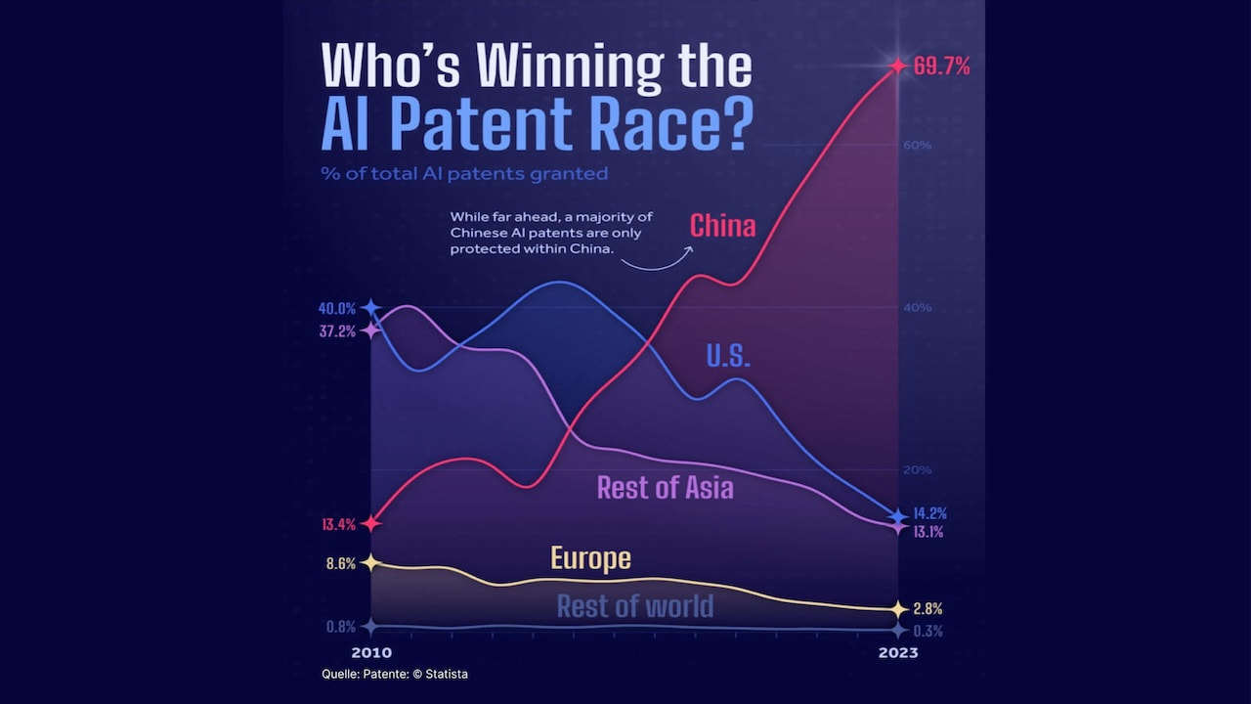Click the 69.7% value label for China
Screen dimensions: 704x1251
pos(941,66)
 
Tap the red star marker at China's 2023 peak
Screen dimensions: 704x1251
pos(897,66)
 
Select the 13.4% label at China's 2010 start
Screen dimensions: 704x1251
pos(338,524)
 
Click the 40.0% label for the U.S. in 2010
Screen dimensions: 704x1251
pos(337,309)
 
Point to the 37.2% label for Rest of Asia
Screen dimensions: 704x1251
pos(337,331)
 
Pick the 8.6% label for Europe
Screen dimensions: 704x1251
pos(340,564)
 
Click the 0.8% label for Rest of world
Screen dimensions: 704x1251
pos(340,627)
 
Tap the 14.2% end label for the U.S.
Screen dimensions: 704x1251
pos(929,513)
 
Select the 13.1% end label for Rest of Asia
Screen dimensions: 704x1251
pos(928,533)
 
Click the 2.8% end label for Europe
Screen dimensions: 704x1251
pos(927,608)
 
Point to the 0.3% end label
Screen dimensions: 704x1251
pos(927,632)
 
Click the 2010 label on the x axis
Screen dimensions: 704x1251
pos(371,652)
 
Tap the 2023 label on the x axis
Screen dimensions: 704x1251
pos(897,652)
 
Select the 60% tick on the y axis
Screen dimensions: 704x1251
pos(917,146)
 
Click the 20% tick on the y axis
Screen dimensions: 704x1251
pos(917,470)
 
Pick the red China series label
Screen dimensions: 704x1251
pos(722,226)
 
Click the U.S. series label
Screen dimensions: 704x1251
pos(728,357)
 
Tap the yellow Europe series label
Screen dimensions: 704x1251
pos(590,558)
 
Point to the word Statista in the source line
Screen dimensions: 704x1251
pos(453,674)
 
